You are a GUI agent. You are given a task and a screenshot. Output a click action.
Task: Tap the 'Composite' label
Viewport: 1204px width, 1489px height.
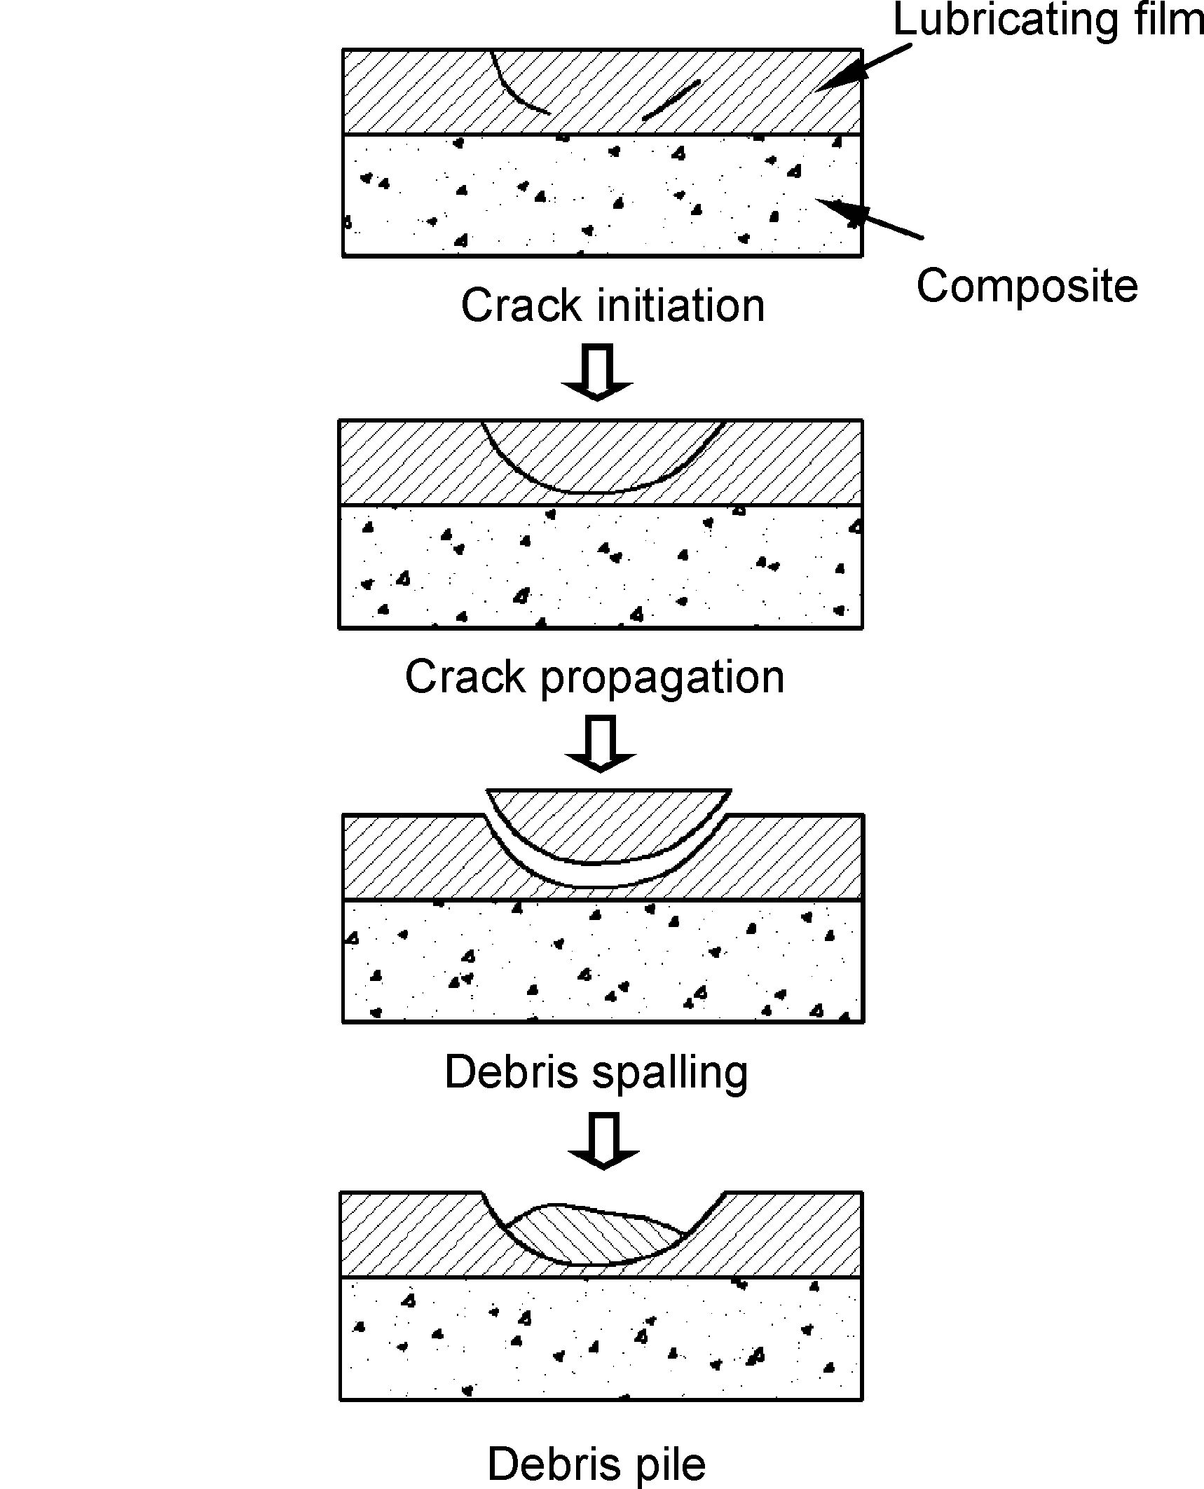click(1027, 286)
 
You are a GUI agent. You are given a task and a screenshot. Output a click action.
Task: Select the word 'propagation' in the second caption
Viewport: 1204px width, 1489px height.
click(662, 678)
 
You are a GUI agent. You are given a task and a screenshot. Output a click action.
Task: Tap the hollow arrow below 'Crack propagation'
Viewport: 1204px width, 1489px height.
click(600, 743)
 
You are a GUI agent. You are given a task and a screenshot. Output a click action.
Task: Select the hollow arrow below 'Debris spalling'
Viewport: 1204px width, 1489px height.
click(603, 1141)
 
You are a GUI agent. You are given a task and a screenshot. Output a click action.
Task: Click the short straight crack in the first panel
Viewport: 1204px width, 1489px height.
click(671, 100)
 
